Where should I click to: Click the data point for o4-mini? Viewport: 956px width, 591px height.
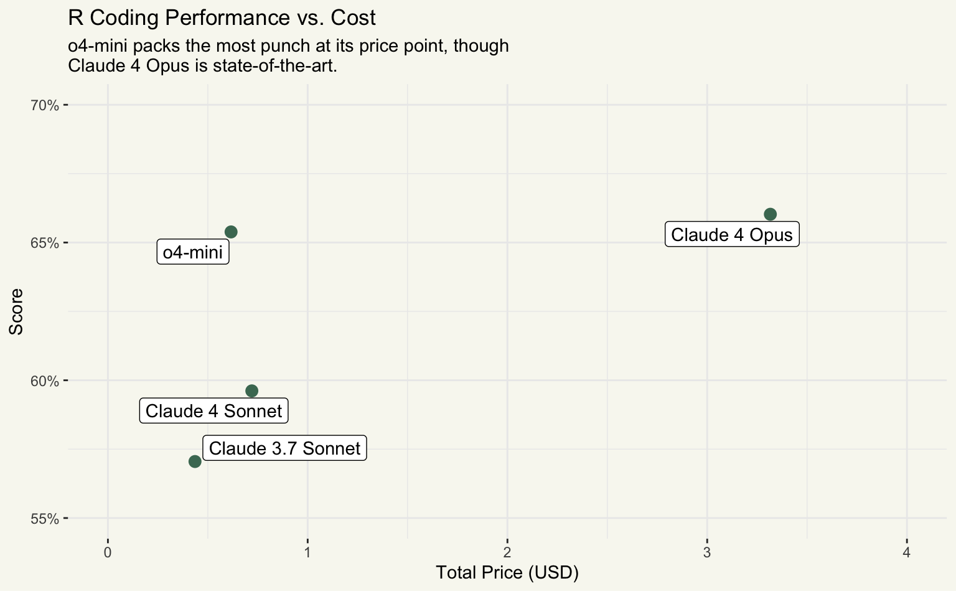(231, 232)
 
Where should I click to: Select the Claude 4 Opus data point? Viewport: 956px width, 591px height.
(770, 214)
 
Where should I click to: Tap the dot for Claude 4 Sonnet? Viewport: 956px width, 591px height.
(251, 391)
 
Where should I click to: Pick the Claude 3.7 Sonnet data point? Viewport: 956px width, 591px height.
(195, 461)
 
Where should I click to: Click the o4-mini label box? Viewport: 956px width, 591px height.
(193, 252)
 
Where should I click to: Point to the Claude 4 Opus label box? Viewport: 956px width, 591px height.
(732, 235)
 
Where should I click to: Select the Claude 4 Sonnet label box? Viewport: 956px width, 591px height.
(213, 411)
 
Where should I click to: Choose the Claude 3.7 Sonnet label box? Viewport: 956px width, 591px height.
(284, 448)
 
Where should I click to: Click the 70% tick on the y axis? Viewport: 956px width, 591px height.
(45, 105)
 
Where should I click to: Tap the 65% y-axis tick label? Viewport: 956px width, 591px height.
(45, 243)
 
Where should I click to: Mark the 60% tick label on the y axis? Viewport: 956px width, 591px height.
(45, 381)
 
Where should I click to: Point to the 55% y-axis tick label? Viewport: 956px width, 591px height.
(45, 519)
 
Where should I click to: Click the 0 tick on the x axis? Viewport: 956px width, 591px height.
(108, 552)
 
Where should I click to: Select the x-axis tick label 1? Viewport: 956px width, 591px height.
(307, 552)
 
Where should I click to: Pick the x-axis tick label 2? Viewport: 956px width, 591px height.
(507, 552)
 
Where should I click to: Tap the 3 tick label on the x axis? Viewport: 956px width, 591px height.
(707, 552)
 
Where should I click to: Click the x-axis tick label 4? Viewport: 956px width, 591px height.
(907, 552)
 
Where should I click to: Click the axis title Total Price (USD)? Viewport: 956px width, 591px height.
(507, 573)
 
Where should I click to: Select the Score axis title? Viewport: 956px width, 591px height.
(16, 311)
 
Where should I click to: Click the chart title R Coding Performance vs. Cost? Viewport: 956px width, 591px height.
(222, 18)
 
